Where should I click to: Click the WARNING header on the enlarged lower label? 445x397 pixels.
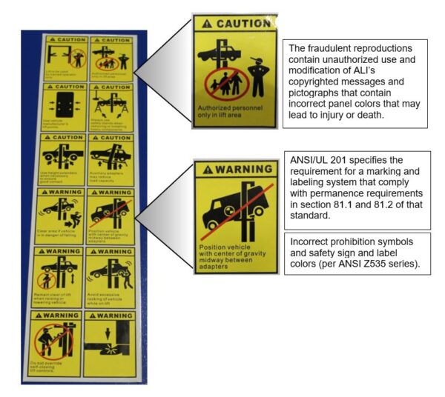pos(235,168)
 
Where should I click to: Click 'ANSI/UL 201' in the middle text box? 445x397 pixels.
pos(317,161)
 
